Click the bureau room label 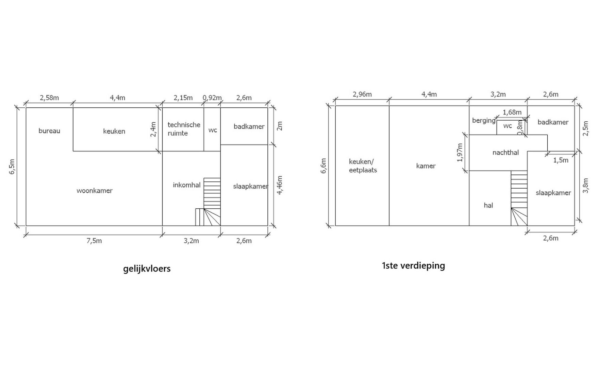pyautogui.click(x=49, y=131)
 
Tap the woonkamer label pyautogui.click(x=95, y=191)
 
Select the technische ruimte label pyautogui.click(x=184, y=129)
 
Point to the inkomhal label pyautogui.click(x=186, y=185)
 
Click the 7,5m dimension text pyautogui.click(x=94, y=241)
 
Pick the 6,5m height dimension pyautogui.click(x=12, y=167)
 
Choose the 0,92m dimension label pyautogui.click(x=212, y=98)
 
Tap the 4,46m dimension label pyautogui.click(x=280, y=185)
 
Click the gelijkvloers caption pyautogui.click(x=147, y=269)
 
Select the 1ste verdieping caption pyautogui.click(x=413, y=265)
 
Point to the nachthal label pyautogui.click(x=505, y=153)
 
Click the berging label pyautogui.click(x=484, y=121)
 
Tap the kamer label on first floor pyautogui.click(x=426, y=166)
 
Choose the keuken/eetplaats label pyautogui.click(x=363, y=165)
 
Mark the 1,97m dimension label pyautogui.click(x=460, y=153)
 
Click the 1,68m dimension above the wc pyautogui.click(x=512, y=112)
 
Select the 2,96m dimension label pyautogui.click(x=362, y=94)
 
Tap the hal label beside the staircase pyautogui.click(x=488, y=205)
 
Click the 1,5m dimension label pyautogui.click(x=561, y=160)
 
